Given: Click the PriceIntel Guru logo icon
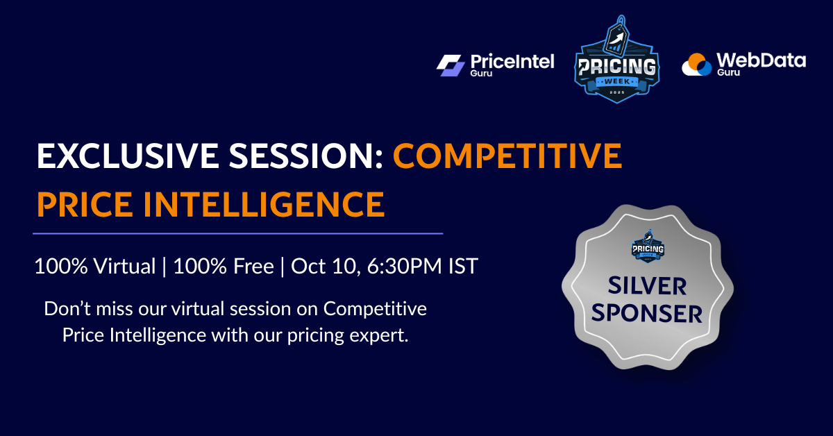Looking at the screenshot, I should coord(452,65).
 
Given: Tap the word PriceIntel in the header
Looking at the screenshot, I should coord(513,61).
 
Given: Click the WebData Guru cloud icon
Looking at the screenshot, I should coord(697,65).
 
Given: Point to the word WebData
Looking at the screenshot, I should coord(761,60).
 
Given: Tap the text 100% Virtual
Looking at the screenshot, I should coord(95,267).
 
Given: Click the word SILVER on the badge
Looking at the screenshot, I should coord(648,286).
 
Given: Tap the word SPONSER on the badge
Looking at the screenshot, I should coord(648,313).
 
